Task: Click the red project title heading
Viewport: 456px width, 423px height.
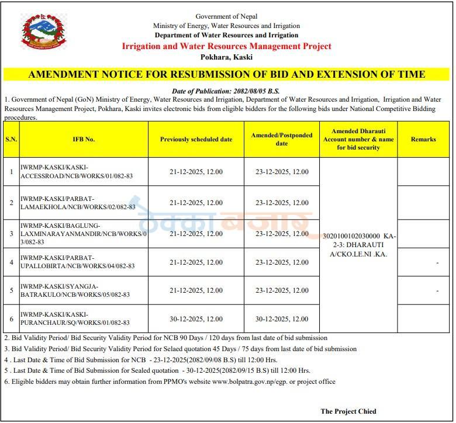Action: click(x=226, y=46)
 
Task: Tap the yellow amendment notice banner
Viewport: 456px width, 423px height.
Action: click(x=226, y=74)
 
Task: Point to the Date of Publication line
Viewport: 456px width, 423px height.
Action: click(x=226, y=91)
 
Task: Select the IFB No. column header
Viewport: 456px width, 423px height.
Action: click(x=84, y=139)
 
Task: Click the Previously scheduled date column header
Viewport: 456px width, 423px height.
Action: click(x=196, y=139)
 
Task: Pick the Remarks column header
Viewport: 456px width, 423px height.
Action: click(x=423, y=139)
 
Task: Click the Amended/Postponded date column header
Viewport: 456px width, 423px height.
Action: click(x=282, y=139)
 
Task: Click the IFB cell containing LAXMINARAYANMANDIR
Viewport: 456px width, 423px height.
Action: click(x=84, y=234)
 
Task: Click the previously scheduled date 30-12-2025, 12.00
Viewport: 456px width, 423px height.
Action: click(x=196, y=319)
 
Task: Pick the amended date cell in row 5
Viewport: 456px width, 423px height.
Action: click(x=282, y=290)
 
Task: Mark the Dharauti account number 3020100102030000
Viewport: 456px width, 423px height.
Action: click(x=350, y=236)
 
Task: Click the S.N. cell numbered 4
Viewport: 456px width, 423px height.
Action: click(x=11, y=262)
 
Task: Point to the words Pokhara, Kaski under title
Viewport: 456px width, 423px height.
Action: click(x=226, y=57)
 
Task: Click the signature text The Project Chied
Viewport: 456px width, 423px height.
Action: click(x=348, y=411)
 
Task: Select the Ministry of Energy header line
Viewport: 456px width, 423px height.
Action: click(x=226, y=26)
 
